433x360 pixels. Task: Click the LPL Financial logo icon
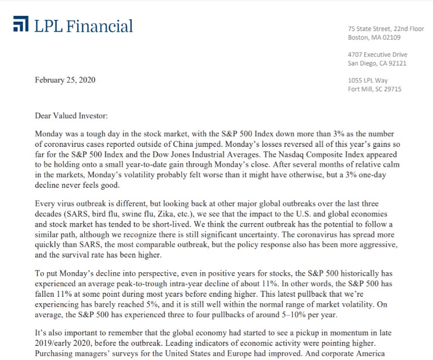20,25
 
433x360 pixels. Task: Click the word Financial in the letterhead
99,26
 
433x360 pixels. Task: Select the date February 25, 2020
65,80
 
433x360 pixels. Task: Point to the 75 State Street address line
386,29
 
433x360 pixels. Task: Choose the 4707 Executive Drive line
377,54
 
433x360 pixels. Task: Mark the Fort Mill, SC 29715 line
374,89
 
